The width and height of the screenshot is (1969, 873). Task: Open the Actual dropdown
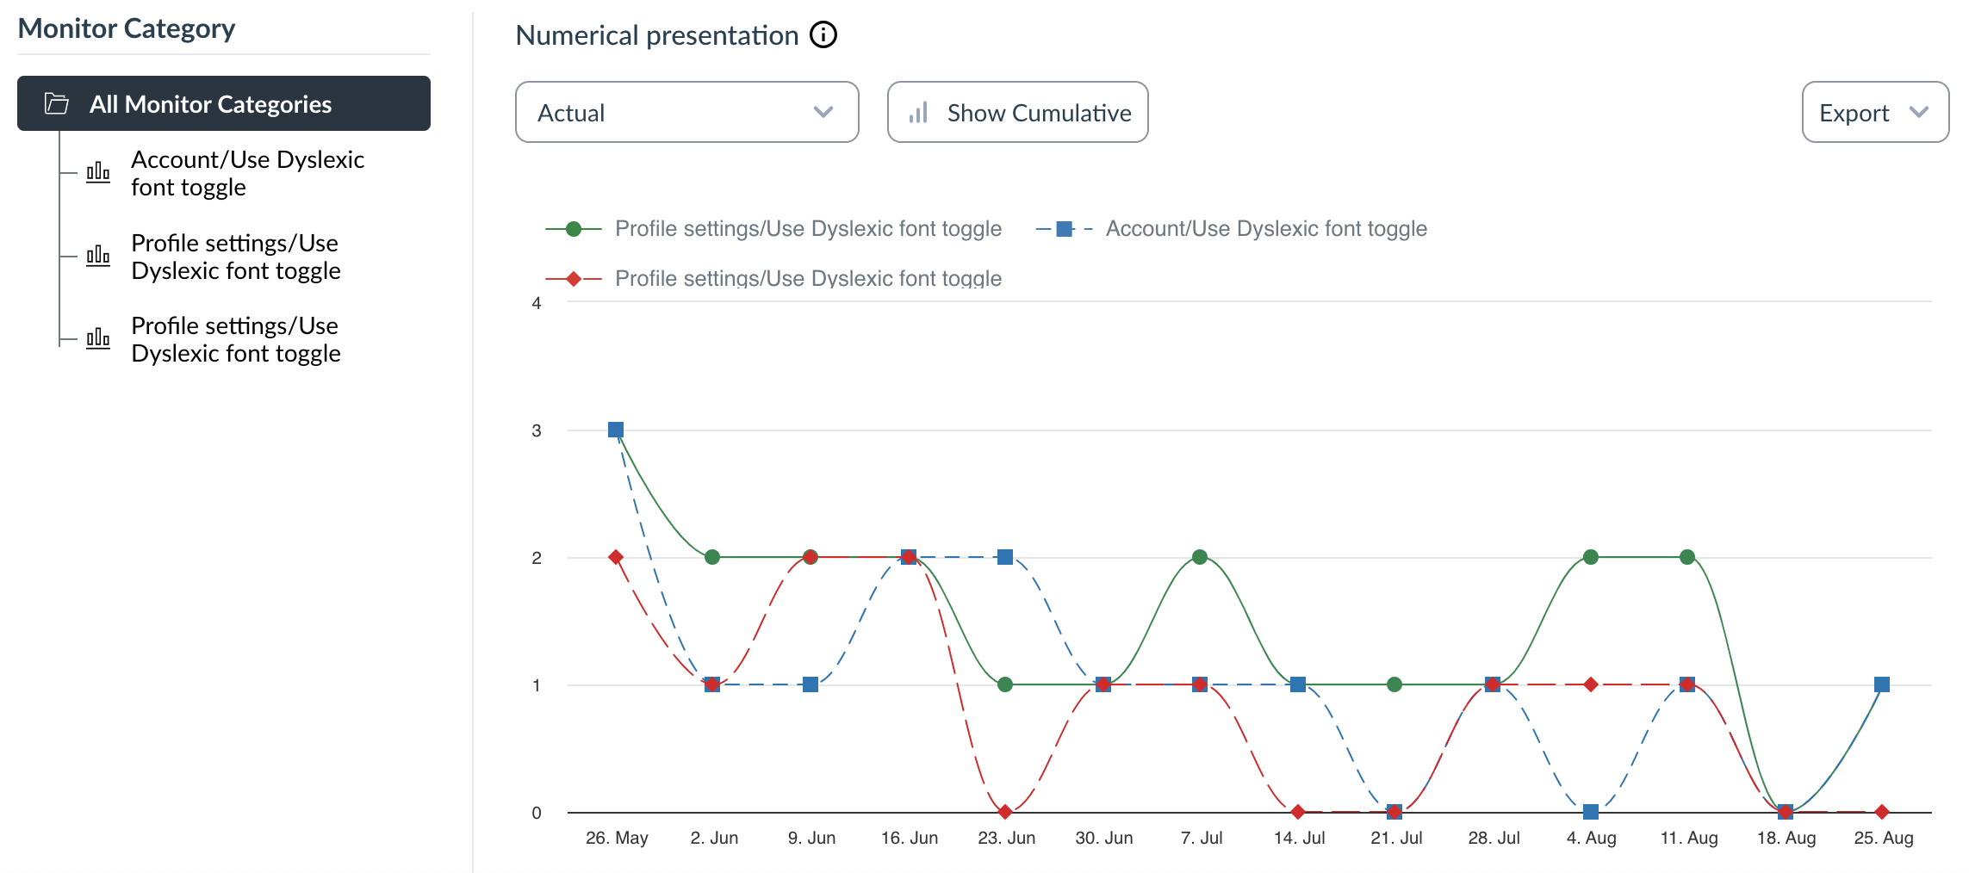pyautogui.click(x=686, y=112)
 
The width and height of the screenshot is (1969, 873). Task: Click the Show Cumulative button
pyautogui.click(x=1017, y=112)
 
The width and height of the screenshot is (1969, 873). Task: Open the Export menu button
pyautogui.click(x=1874, y=112)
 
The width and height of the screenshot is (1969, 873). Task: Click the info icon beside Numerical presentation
pyautogui.click(x=823, y=35)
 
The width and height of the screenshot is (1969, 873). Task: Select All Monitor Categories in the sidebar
pyautogui.click(x=224, y=103)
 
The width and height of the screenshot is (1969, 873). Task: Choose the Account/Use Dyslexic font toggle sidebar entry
pyautogui.click(x=247, y=173)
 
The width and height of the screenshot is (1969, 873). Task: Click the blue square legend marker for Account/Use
pyautogui.click(x=1065, y=229)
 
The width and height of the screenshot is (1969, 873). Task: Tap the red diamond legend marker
pyautogui.click(x=574, y=279)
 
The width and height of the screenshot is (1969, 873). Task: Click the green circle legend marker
pyautogui.click(x=574, y=229)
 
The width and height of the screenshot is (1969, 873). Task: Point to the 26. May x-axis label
pyautogui.click(x=617, y=838)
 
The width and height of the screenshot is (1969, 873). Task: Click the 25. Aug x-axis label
pyautogui.click(x=1883, y=838)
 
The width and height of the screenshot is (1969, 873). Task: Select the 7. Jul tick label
pyautogui.click(x=1202, y=838)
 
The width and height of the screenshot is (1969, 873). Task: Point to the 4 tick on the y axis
pyautogui.click(x=537, y=303)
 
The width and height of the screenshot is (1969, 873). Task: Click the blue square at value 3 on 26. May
pyautogui.click(x=616, y=430)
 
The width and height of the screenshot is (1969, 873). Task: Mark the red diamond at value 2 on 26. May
pyautogui.click(x=616, y=557)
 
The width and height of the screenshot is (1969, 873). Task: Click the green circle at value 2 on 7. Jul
pyautogui.click(x=1200, y=557)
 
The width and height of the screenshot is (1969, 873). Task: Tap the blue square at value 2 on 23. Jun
pyautogui.click(x=1005, y=557)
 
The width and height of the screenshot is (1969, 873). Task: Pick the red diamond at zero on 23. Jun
pyautogui.click(x=1005, y=812)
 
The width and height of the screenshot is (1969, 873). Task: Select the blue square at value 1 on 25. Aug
pyautogui.click(x=1882, y=684)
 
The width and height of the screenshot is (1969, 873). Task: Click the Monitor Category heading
pyautogui.click(x=127, y=28)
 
